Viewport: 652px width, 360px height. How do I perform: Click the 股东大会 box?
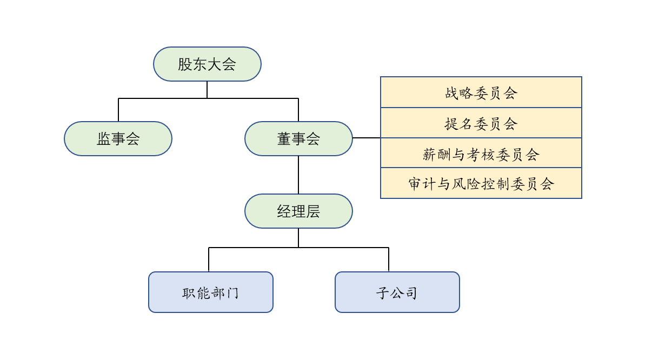207,64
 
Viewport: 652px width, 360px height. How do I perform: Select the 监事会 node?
118,138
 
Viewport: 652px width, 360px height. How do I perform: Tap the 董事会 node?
298,138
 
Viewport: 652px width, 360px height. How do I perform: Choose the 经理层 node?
298,211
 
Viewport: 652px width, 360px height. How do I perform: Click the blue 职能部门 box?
211,292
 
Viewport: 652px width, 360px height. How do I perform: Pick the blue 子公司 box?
397,292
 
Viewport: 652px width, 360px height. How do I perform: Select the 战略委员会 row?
481,92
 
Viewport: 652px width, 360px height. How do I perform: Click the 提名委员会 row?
481,123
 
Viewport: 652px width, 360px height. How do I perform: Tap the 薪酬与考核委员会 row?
481,154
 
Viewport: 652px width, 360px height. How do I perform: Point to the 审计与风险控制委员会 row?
481,184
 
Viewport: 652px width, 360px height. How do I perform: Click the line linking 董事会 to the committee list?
367,138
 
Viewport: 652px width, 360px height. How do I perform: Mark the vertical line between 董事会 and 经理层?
298,175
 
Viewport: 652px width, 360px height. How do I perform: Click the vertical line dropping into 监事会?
118,110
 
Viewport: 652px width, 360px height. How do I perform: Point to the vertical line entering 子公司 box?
389,259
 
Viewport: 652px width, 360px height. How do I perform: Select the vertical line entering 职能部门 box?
209,259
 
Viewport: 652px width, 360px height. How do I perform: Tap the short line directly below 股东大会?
207,90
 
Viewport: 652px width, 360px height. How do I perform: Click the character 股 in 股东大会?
185,64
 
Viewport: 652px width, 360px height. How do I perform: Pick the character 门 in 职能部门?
232,293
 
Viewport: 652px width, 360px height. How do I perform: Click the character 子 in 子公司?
383,293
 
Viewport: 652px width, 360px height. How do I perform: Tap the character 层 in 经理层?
313,211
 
